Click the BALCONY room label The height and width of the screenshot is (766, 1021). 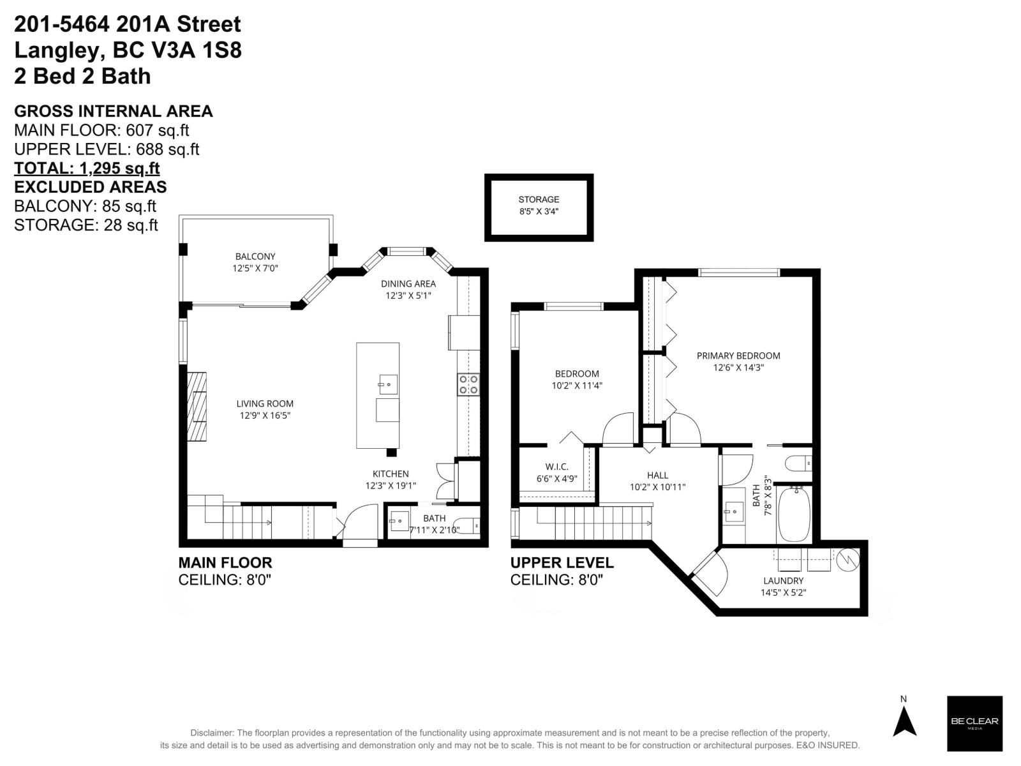255,257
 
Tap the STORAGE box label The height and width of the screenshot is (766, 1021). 539,200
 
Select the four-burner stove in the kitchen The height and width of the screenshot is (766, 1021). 468,384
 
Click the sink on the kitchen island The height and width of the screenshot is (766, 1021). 387,385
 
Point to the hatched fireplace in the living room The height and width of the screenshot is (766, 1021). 197,406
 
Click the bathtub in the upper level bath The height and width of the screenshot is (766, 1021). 794,514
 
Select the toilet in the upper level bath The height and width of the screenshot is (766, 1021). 798,462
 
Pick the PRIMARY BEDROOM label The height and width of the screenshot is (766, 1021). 738,356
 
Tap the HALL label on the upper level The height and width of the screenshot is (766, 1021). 657,475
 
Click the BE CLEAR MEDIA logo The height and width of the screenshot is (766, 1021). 974,723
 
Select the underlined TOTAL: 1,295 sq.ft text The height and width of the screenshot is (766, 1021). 87,168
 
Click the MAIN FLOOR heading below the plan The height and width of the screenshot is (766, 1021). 225,562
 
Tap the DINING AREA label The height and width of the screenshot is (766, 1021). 408,283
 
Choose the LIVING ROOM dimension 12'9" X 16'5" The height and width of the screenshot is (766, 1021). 265,416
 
